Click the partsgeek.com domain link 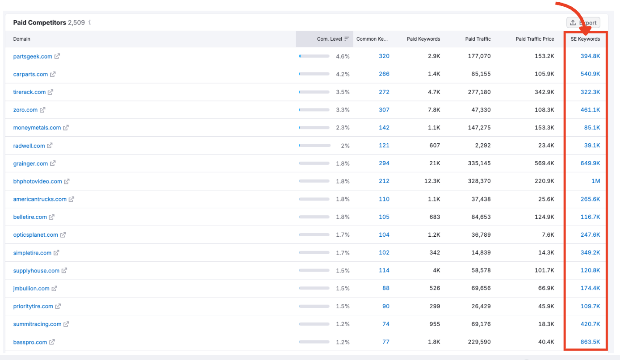pyautogui.click(x=33, y=56)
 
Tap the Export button pyautogui.click(x=583, y=23)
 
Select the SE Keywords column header pyautogui.click(x=585, y=39)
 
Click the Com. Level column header pyautogui.click(x=329, y=39)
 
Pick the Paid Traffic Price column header pyautogui.click(x=535, y=39)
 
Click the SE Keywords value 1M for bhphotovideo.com pyautogui.click(x=595, y=181)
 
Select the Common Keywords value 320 pyautogui.click(x=384, y=56)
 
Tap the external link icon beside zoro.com pyautogui.click(x=42, y=110)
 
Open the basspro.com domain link pyautogui.click(x=30, y=342)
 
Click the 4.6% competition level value pyautogui.click(x=343, y=56)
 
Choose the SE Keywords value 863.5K pyautogui.click(x=590, y=342)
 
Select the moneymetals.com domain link pyautogui.click(x=37, y=128)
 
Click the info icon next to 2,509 pyautogui.click(x=90, y=22)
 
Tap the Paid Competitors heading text pyautogui.click(x=40, y=22)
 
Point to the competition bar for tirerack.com pyautogui.click(x=314, y=92)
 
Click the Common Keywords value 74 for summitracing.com pyautogui.click(x=385, y=324)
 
